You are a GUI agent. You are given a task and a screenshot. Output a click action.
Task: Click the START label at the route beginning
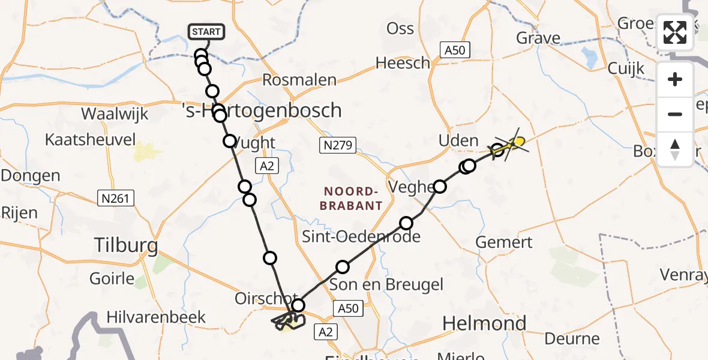(x=206, y=32)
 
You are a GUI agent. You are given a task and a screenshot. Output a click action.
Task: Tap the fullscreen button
(x=675, y=32)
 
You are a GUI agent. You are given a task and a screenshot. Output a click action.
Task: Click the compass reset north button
(x=675, y=149)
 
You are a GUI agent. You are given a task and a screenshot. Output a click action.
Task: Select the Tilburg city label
(x=126, y=245)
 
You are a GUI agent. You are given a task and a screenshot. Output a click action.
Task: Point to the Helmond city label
(x=484, y=324)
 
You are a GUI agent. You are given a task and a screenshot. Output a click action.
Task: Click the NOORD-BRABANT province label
(x=353, y=199)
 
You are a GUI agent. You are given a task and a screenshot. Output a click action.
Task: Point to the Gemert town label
(x=503, y=242)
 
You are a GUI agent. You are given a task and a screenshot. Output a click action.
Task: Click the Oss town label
(x=400, y=29)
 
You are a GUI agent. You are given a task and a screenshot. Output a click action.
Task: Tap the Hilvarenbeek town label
(x=156, y=317)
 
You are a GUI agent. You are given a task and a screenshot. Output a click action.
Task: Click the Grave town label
(x=538, y=38)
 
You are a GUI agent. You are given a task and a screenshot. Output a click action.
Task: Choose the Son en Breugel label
(x=386, y=284)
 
